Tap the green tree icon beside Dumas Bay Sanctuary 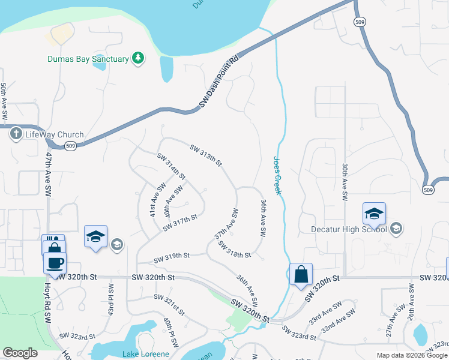(x=139, y=58)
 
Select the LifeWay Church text (x=54, y=134)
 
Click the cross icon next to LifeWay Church (x=15, y=134)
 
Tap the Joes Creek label (x=277, y=175)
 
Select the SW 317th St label (x=180, y=223)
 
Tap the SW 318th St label (x=234, y=250)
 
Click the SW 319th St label (x=172, y=257)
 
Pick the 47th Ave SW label (x=48, y=175)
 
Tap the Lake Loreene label (x=146, y=354)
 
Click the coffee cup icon (x=55, y=262)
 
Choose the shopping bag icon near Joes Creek (x=301, y=274)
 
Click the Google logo (x=20, y=353)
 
